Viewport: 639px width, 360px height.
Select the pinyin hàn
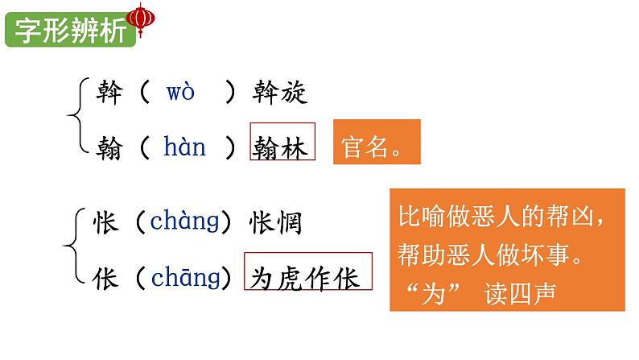(x=184, y=147)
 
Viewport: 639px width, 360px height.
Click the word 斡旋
(x=278, y=93)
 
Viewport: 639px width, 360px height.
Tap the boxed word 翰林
(x=282, y=147)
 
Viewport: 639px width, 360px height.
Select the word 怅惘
(x=276, y=221)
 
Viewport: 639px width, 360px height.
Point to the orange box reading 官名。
(x=377, y=143)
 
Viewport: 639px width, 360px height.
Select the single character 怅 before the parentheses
(x=108, y=221)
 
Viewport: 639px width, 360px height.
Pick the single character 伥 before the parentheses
(x=108, y=278)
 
